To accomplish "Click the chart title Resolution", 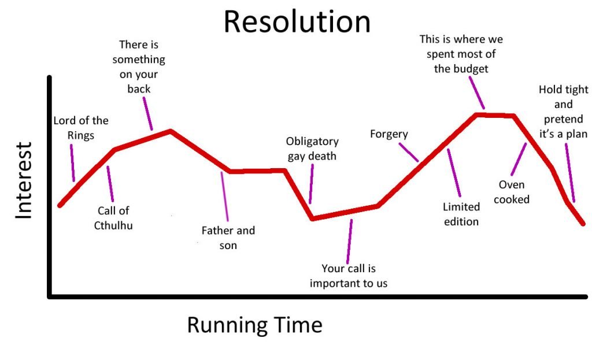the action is click(x=297, y=22).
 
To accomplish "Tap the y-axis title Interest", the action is click(x=23, y=180).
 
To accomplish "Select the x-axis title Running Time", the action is click(x=255, y=325).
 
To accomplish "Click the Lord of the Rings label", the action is click(x=81, y=128).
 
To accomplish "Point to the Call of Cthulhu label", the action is click(x=113, y=218).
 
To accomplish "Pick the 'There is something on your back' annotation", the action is click(x=139, y=67).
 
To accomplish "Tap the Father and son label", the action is click(x=228, y=237).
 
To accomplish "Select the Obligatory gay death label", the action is click(x=312, y=149).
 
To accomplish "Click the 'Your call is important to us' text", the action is click(x=349, y=276).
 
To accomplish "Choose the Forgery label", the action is click(x=389, y=134).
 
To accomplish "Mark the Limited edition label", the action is click(x=461, y=214).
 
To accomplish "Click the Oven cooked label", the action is click(x=512, y=192).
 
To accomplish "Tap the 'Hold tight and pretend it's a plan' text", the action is click(x=563, y=112).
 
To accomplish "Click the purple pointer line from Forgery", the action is click(x=409, y=152).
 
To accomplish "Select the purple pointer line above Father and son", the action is click(x=225, y=196).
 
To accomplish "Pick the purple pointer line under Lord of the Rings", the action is click(x=72, y=164).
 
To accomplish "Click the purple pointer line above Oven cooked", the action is click(x=519, y=159).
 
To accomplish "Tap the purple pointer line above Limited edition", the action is click(x=454, y=173).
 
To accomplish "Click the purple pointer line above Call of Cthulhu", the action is click(x=110, y=184).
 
